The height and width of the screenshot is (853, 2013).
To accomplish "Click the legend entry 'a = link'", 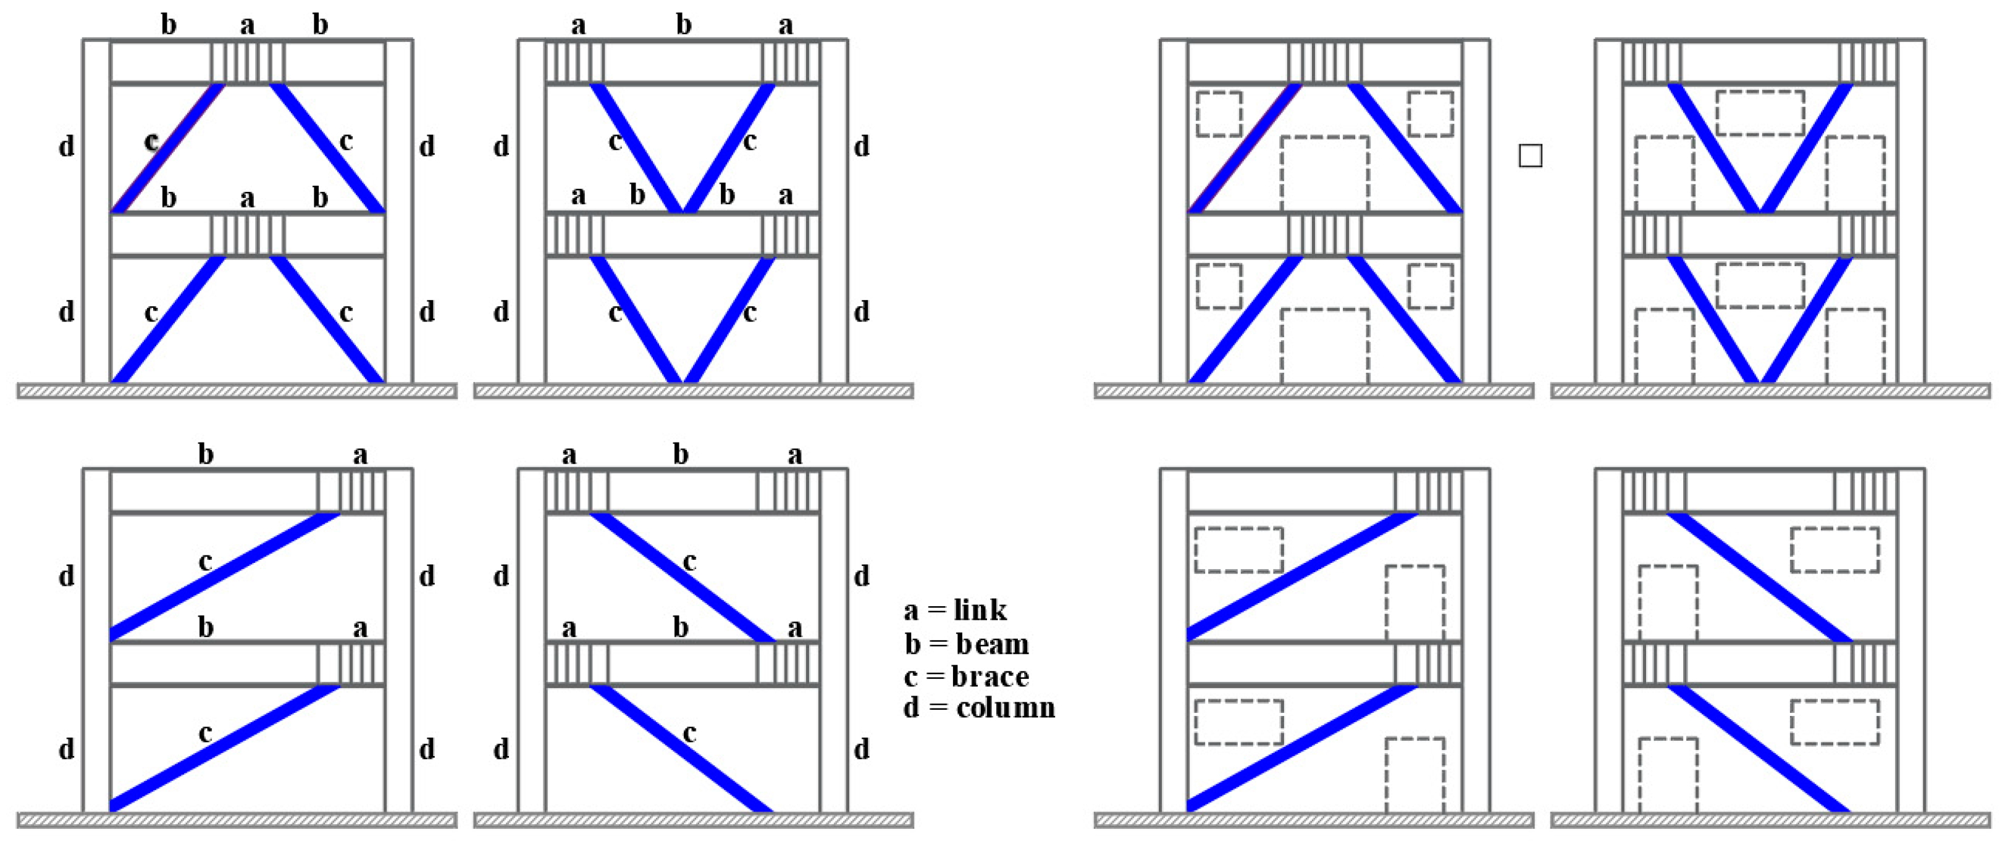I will pos(955,610).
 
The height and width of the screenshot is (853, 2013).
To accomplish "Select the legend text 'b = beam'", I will pos(967,644).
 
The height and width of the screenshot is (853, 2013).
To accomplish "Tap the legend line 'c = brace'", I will pos(967,676).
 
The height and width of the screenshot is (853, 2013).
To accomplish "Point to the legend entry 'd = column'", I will pos(979,708).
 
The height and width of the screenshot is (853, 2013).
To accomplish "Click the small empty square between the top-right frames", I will pos(1530,156).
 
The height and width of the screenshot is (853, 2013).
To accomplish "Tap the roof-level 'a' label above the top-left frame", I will pos(247,25).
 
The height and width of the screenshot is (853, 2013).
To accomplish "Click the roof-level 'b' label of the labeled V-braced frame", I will pos(684,25).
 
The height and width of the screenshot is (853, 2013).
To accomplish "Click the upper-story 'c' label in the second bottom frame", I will pos(689,561).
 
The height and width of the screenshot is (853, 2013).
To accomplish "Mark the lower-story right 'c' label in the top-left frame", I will pos(346,312).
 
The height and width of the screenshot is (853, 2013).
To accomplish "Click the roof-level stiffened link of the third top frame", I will pos(1324,62).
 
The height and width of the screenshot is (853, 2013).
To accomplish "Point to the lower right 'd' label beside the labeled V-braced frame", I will pos(861,312).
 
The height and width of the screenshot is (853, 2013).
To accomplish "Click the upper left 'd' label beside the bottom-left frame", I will pos(67,576).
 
